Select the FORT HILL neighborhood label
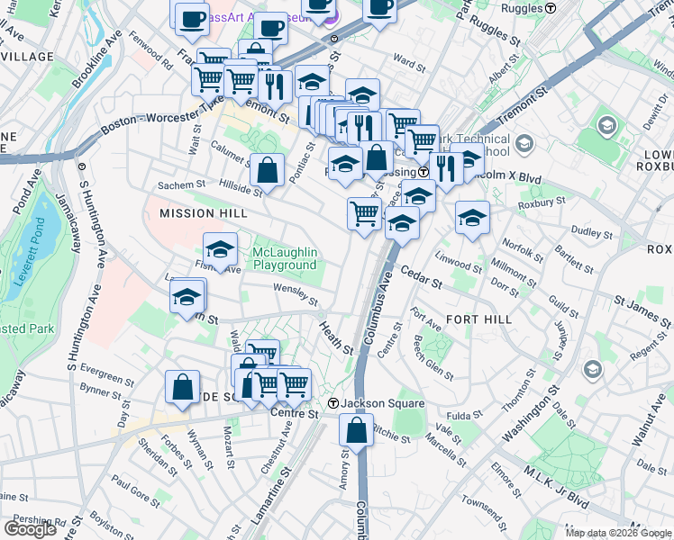[478, 319]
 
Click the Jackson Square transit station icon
[333, 403]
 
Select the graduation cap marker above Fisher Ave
[221, 249]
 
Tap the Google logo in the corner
[30, 528]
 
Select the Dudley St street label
[592, 231]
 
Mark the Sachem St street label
[182, 184]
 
